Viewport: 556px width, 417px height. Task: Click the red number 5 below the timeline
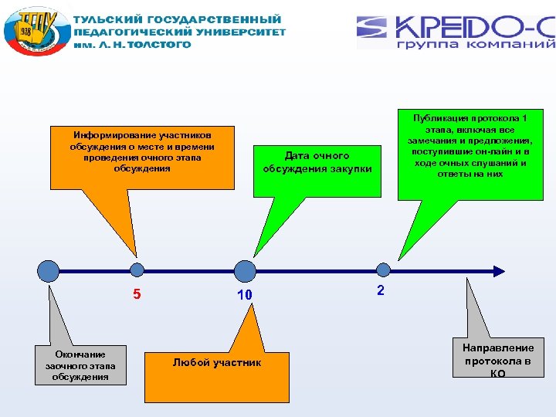tap(137, 293)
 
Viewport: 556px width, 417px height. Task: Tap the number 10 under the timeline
tap(245, 295)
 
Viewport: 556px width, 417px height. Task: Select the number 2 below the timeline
tap(380, 290)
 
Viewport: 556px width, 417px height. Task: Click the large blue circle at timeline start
tap(48, 270)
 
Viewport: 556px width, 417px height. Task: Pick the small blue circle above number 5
tap(137, 270)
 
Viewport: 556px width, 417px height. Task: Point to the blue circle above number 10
tap(245, 270)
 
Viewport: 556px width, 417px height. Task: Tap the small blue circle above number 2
tap(382, 270)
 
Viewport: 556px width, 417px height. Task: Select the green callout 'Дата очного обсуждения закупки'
tap(317, 162)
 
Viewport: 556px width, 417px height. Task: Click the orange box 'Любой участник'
tap(217, 363)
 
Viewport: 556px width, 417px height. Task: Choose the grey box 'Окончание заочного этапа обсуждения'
tap(80, 364)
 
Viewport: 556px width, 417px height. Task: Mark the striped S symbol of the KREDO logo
tap(374, 29)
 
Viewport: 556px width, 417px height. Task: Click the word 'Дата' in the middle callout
tap(297, 156)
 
